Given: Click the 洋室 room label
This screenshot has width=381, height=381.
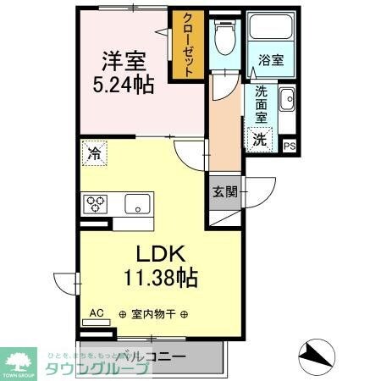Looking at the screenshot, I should click(124, 62).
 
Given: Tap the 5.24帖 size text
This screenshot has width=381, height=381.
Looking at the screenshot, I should click(124, 86).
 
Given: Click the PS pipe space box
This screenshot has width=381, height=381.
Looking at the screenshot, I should click(290, 146).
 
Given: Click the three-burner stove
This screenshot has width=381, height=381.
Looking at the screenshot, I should click(94, 204).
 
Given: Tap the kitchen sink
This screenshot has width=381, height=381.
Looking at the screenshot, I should click(137, 204).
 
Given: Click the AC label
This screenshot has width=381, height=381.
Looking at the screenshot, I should click(97, 312).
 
